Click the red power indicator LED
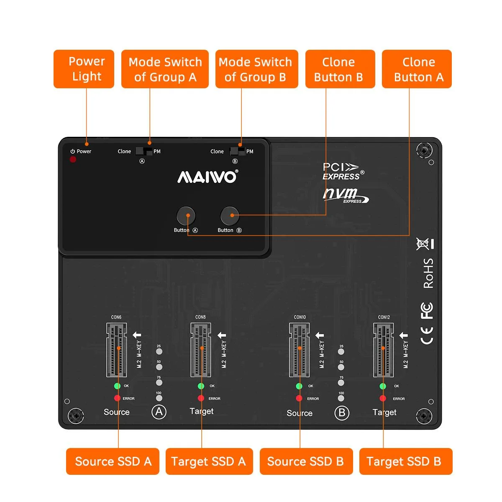click(73, 159)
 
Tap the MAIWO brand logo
click(207, 177)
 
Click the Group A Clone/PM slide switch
click(144, 151)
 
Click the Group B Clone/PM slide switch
click(237, 151)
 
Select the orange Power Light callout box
click(84, 69)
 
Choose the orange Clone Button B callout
click(340, 69)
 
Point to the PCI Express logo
click(343, 171)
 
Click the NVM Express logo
click(346, 195)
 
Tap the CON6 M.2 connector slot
click(117, 350)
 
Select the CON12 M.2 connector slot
click(383, 350)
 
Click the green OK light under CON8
click(201, 386)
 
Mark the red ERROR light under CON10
click(299, 398)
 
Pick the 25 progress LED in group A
click(159, 351)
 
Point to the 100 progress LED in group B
click(341, 398)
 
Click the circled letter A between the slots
click(159, 412)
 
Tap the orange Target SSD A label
click(209, 461)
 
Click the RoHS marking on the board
click(428, 273)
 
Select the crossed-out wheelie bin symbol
click(423, 244)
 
